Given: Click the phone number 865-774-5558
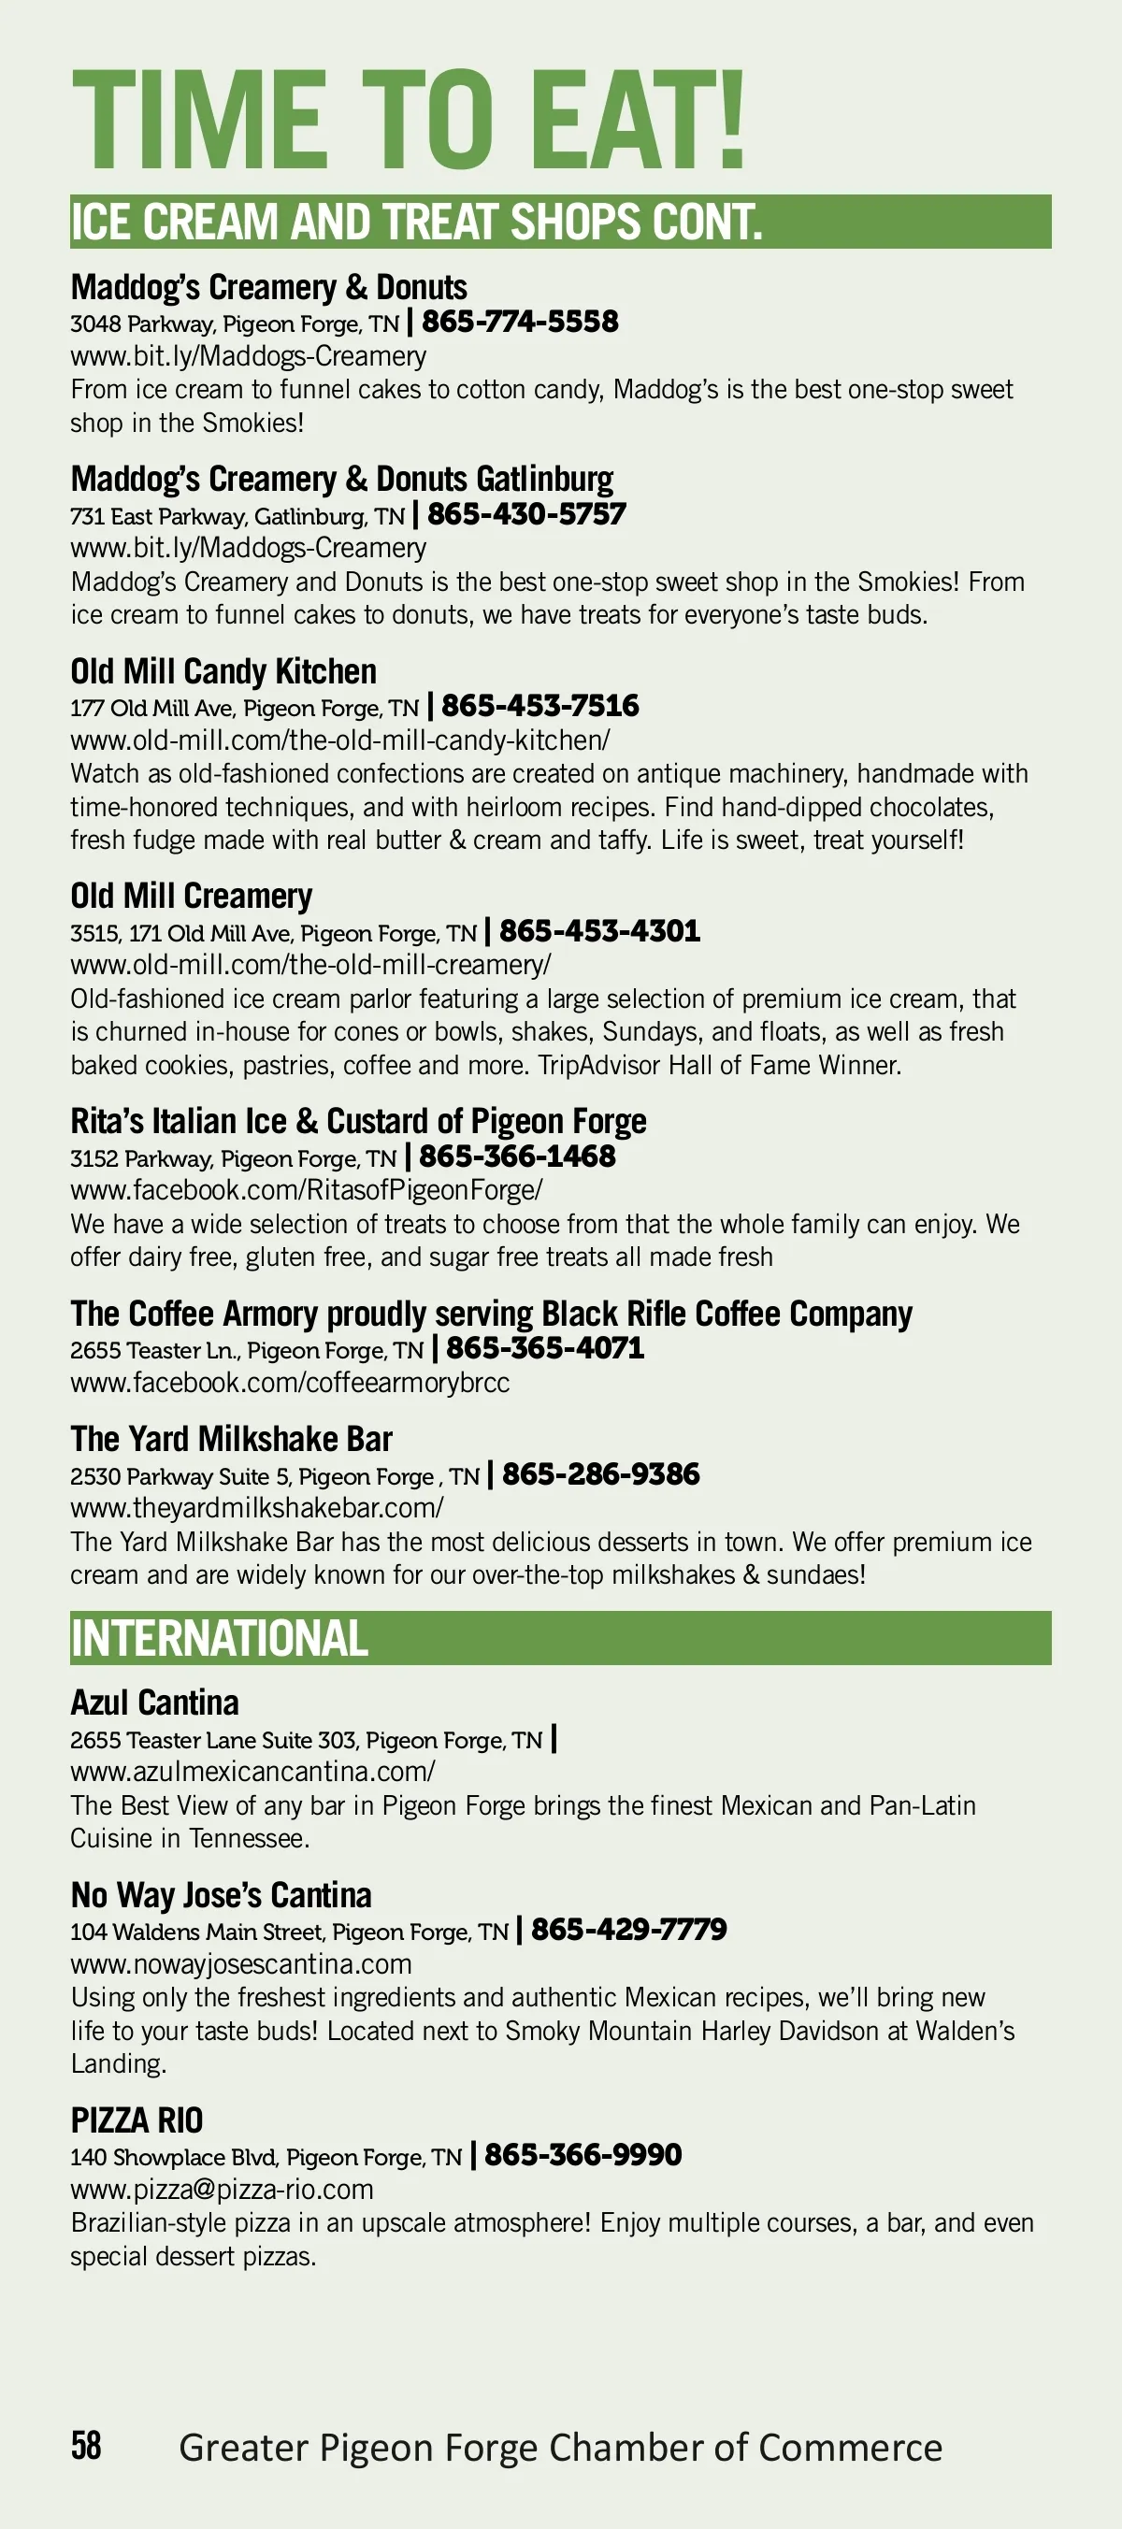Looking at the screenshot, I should pos(520,322).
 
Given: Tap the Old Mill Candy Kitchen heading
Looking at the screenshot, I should pos(223,671).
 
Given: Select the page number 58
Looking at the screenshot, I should pos(85,2445).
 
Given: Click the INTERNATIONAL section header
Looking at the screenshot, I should pos(219,1639).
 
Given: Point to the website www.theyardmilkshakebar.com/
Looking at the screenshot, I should pos(256,1507).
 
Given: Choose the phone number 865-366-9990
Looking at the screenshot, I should pos(583,2155).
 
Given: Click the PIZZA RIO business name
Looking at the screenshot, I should pos(137,2120).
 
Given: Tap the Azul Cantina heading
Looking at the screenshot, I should pos(155,1703).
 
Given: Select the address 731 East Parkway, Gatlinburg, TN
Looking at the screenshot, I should pos(237,516).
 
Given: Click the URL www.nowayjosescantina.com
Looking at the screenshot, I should pos(241,1964).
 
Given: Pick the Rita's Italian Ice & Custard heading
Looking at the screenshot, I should pos(358,1121).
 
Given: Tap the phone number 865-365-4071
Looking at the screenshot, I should pos(546,1348).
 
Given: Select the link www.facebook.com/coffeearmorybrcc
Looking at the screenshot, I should pos(290,1383).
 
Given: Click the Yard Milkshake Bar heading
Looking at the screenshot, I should pos(232,1439).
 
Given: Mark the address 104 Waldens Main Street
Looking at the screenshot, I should pos(289,1933).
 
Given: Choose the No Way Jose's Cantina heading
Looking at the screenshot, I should pos(221,1895).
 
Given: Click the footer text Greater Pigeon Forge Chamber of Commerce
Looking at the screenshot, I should pos(560,2448).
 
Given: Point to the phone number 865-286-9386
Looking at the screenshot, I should pos(601,1473).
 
